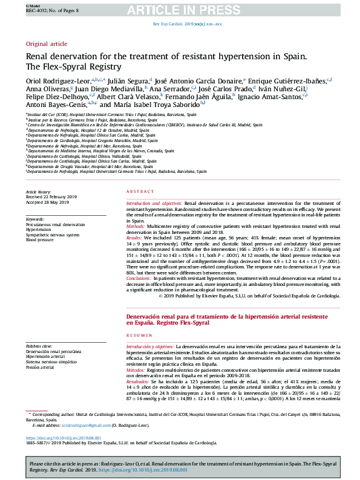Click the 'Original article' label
46,44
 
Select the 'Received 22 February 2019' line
51,197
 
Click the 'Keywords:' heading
35,219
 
